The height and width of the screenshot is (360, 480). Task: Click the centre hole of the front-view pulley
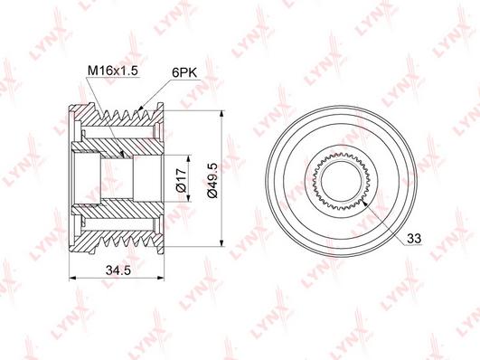pos(344,182)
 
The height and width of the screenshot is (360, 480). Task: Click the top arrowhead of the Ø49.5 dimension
pos(220,114)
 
